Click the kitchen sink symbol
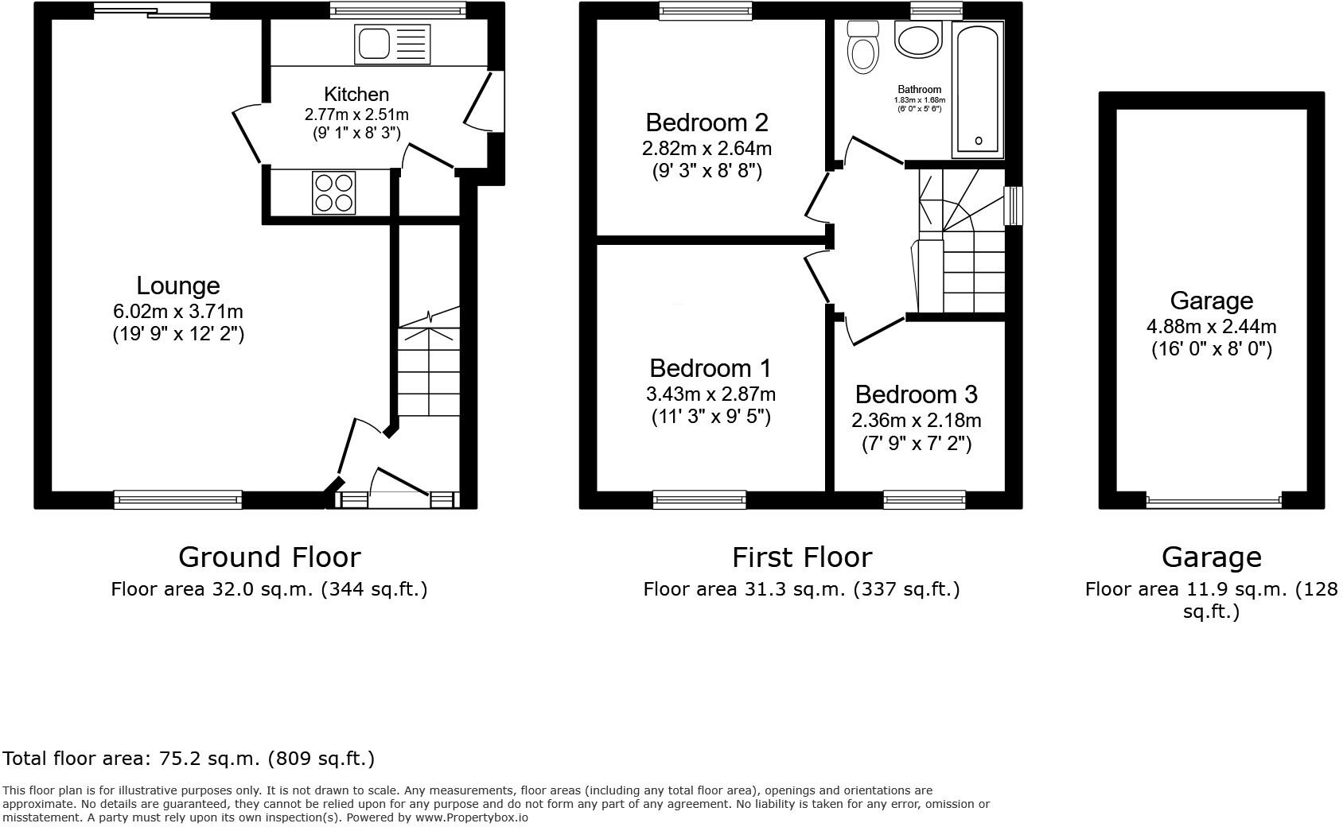click(x=393, y=43)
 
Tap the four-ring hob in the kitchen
click(x=334, y=192)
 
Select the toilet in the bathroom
click(x=862, y=48)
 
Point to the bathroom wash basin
click(x=917, y=38)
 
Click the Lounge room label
click(x=177, y=285)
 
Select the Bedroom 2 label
click(x=707, y=122)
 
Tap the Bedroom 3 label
click(x=916, y=394)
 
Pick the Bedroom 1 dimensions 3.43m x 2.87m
click(x=710, y=394)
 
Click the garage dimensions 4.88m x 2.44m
click(x=1211, y=326)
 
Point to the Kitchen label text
click(x=356, y=95)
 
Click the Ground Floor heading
click(x=269, y=557)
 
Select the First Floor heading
click(x=801, y=557)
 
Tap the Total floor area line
click(x=189, y=758)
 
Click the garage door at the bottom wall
click(x=1213, y=501)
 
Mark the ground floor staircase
click(x=429, y=366)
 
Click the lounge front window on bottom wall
click(x=177, y=499)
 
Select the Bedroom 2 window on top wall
click(x=706, y=10)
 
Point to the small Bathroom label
click(x=919, y=90)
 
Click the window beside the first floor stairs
click(x=1014, y=206)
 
